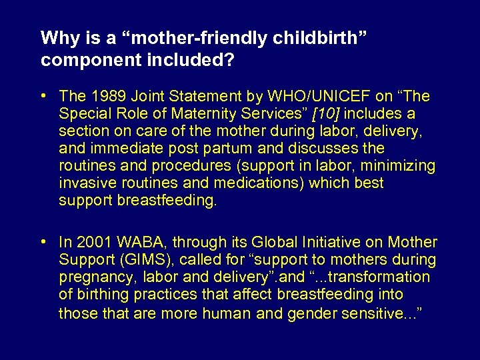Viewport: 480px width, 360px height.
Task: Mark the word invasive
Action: (83, 183)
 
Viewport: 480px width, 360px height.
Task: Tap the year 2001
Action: (93, 242)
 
